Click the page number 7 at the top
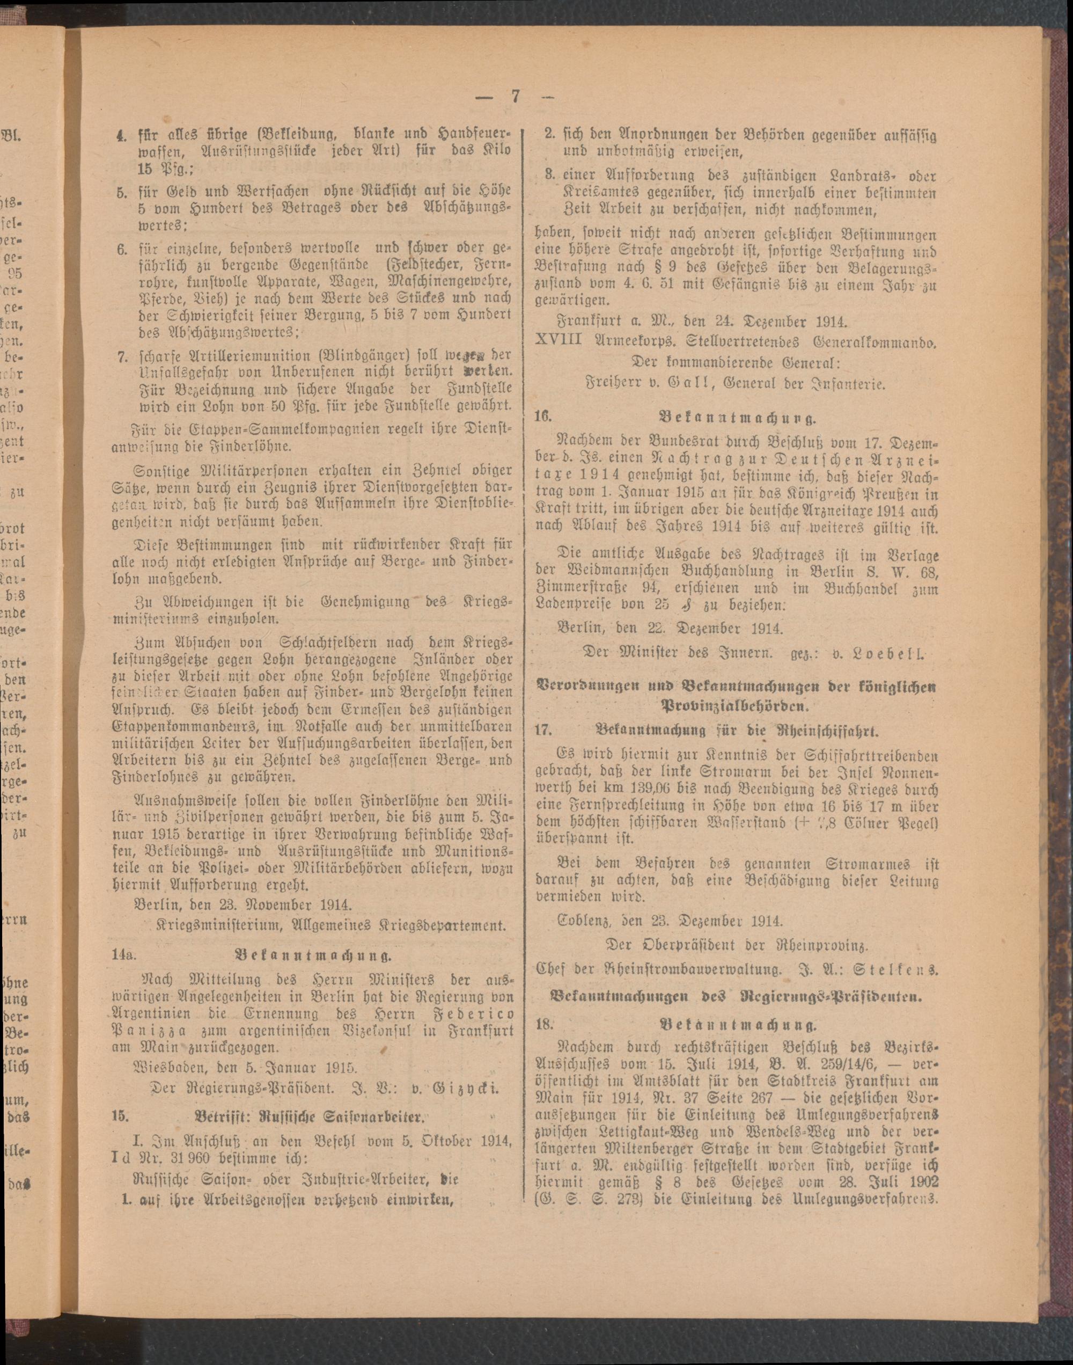[515, 97]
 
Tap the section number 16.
[543, 416]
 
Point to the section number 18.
[544, 1024]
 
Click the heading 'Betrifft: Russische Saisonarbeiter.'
[310, 1118]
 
